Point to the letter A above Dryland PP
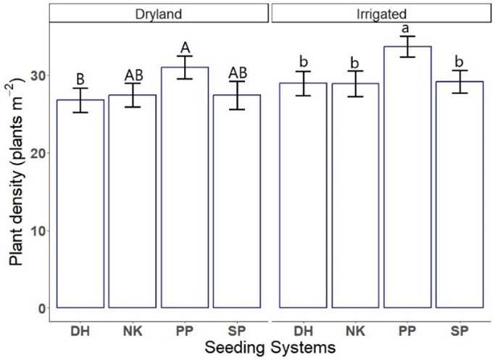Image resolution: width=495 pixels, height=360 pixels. [185, 48]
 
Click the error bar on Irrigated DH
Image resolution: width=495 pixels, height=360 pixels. [303, 83]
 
